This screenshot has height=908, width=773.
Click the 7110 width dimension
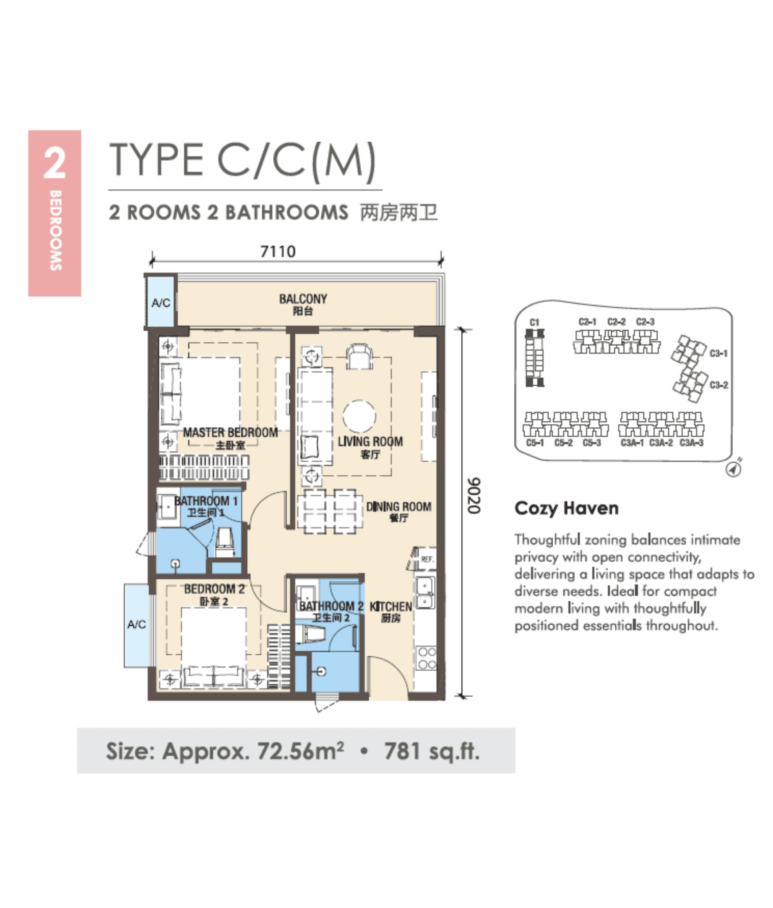pos(277,251)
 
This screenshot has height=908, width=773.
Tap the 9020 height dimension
pos(474,496)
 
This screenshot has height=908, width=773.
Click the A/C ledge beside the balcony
pos(160,302)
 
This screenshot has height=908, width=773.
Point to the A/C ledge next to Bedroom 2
pos(137,625)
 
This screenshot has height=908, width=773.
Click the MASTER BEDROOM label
pos(230,433)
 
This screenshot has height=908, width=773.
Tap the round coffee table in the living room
pos(359,416)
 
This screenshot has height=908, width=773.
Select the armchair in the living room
pos(359,357)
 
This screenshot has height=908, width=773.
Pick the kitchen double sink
pos(425,592)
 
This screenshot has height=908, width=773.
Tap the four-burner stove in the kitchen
pos(426,658)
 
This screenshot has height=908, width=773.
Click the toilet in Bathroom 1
pos(225,543)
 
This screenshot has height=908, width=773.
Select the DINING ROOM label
pos(398,507)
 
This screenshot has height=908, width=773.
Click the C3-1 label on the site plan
pos(718,353)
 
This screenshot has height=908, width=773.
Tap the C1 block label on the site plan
pos(534,322)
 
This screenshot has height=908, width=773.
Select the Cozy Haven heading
pos(566,508)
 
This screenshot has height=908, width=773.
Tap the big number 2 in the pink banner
pos(55,164)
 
